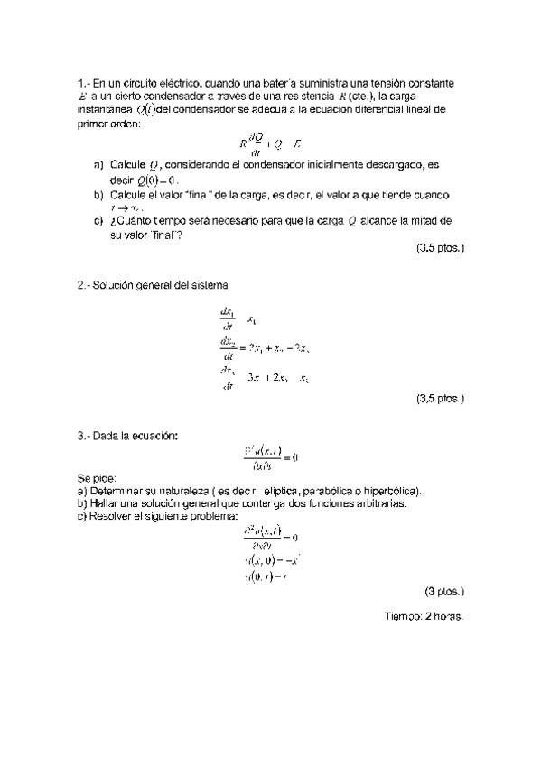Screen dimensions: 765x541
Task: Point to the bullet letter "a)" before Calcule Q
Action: coord(98,166)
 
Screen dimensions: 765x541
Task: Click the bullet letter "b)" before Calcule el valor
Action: coord(98,195)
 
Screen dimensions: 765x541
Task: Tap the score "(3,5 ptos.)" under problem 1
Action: coord(440,247)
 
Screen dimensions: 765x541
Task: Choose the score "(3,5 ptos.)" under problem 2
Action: coord(440,397)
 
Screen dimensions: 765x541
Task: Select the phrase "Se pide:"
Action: coord(97,479)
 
